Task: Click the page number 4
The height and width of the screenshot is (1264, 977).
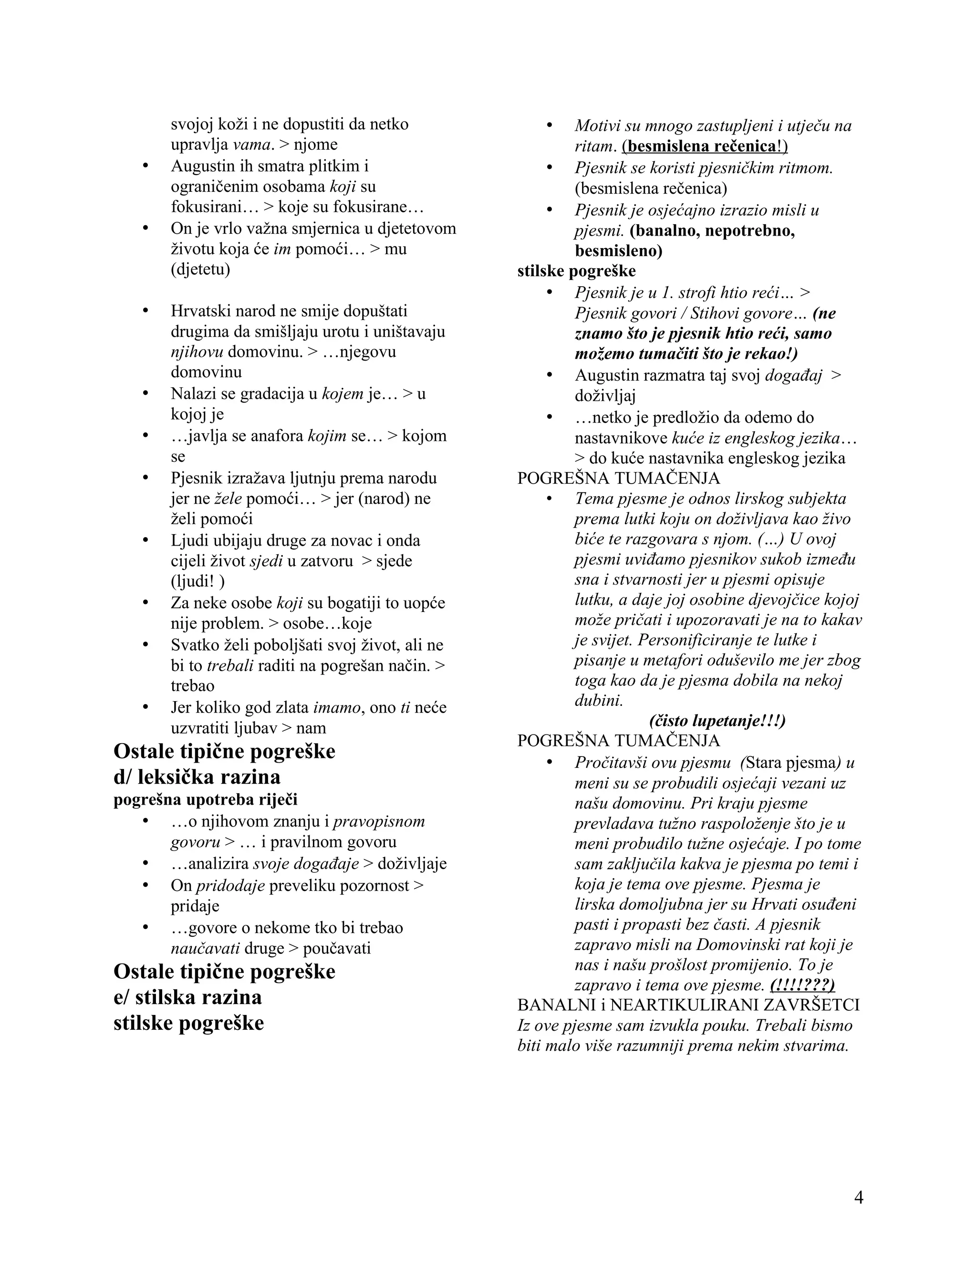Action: click(x=858, y=1197)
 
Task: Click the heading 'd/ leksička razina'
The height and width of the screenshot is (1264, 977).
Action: click(x=197, y=776)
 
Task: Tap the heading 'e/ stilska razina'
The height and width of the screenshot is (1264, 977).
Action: click(x=187, y=996)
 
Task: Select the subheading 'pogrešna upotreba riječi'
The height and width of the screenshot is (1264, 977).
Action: click(x=206, y=799)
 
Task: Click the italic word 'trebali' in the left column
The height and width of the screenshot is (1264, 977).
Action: click(x=230, y=665)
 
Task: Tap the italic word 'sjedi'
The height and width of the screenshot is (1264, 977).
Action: click(x=266, y=561)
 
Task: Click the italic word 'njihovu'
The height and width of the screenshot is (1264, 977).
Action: click(x=197, y=352)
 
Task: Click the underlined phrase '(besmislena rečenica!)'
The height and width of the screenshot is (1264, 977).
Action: click(x=705, y=146)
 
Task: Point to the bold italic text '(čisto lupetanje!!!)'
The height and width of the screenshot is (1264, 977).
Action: click(x=717, y=721)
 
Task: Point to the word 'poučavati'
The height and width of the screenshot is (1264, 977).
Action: click(x=337, y=948)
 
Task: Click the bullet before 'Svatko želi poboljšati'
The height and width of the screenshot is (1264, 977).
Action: click(x=146, y=645)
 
